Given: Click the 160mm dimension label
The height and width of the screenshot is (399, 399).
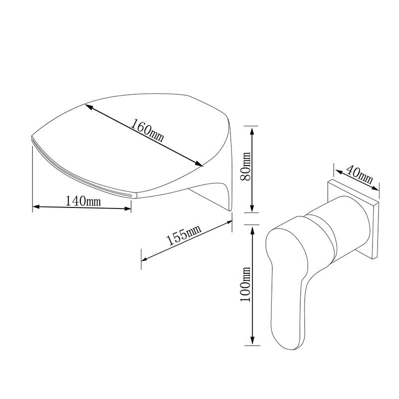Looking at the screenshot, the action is click(147, 130).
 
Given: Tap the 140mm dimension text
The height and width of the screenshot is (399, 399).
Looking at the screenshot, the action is click(83, 201).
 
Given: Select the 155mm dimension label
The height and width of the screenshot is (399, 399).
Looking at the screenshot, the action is click(183, 235).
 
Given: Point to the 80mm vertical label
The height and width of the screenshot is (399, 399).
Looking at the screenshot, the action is click(246, 166).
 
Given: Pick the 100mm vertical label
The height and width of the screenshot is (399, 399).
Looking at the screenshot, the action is click(246, 284).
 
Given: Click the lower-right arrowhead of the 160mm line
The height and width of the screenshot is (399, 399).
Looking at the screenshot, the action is click(199, 164).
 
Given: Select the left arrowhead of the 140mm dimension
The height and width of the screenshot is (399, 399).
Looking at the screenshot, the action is click(36, 206).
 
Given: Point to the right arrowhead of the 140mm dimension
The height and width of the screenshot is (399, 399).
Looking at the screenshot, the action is click(128, 208).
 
